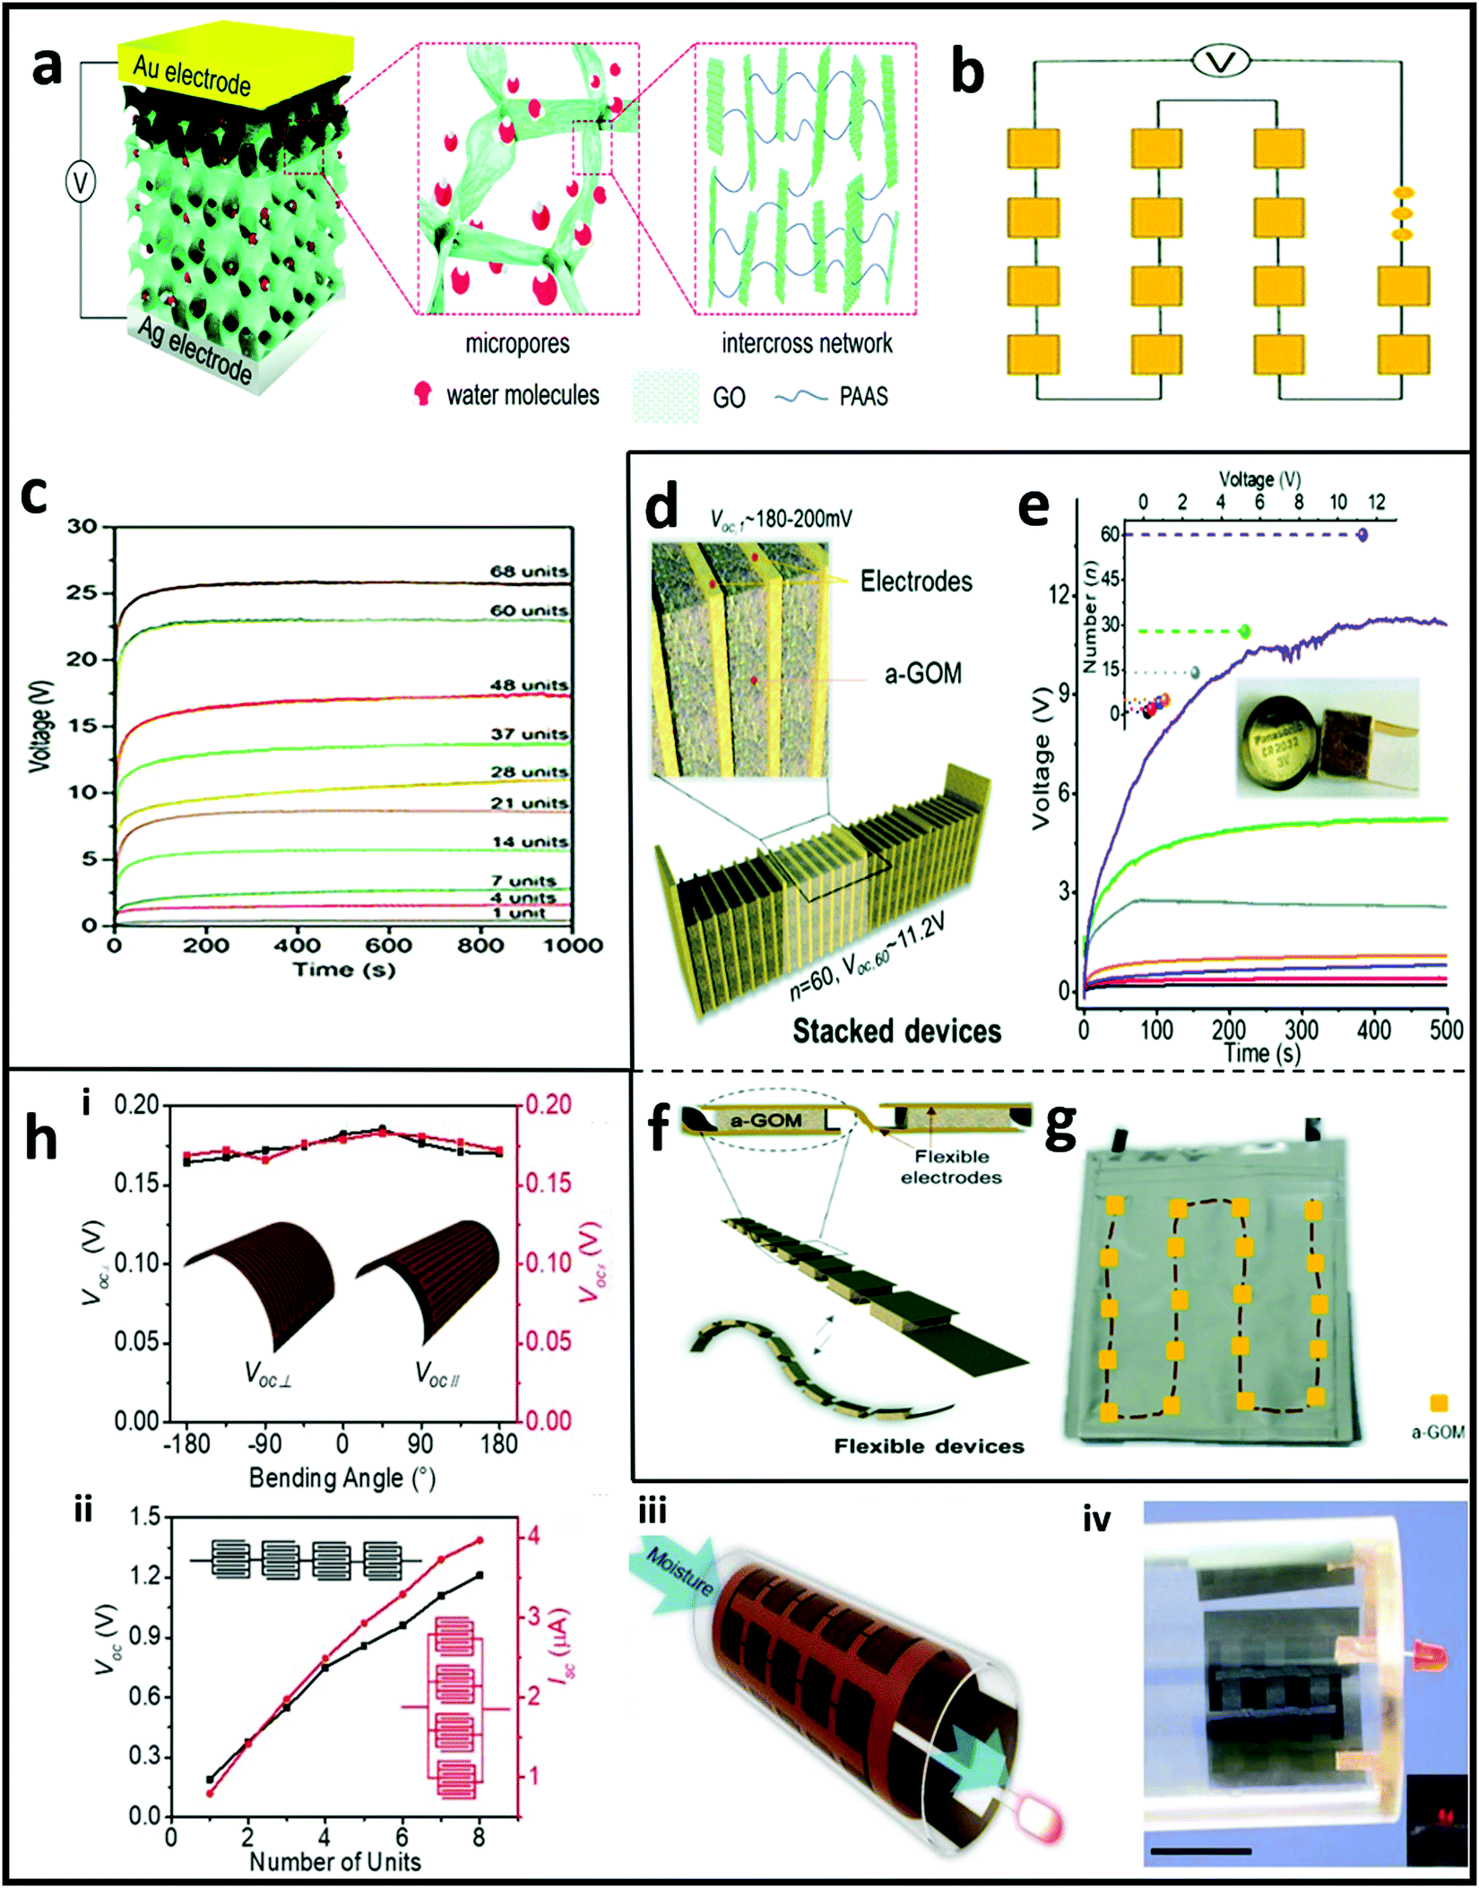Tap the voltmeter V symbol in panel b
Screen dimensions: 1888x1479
pos(1221,62)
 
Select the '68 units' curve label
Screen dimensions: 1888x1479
pos(528,572)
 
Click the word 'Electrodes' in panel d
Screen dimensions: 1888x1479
pos(915,582)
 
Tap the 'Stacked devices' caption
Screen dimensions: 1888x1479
pos(895,1030)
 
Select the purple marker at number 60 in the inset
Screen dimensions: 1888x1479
pos(1362,535)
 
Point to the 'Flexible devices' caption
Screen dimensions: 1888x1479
pos(929,1446)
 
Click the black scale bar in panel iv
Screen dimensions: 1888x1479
pos(1200,1850)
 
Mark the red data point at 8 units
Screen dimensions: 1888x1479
pos(480,1540)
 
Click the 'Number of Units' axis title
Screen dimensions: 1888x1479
pos(334,1861)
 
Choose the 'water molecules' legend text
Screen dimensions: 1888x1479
pos(523,395)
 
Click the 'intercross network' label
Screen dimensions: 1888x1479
pos(807,343)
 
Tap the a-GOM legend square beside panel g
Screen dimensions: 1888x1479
pos(1439,1403)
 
